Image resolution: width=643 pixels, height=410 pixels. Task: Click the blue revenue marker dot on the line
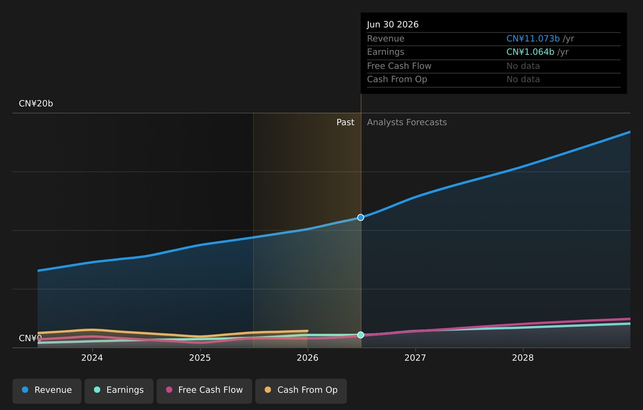point(361,218)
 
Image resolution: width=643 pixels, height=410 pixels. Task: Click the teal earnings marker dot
point(361,335)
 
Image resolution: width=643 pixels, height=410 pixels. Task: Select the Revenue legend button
point(47,391)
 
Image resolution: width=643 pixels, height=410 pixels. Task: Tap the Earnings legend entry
point(119,391)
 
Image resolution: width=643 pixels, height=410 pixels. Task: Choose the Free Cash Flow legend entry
point(205,391)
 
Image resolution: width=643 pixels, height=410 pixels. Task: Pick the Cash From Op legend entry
point(301,391)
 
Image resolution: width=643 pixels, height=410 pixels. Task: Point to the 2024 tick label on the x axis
point(92,358)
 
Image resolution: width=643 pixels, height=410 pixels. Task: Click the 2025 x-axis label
point(200,358)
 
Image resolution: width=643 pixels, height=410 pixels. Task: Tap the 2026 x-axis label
point(307,358)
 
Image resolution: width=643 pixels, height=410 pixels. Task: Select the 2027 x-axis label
point(415,358)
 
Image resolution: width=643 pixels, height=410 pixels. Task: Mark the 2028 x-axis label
point(523,358)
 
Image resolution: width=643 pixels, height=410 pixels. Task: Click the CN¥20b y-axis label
point(36,104)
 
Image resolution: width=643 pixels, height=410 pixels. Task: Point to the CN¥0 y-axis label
point(30,338)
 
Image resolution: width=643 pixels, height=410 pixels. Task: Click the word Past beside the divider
point(345,122)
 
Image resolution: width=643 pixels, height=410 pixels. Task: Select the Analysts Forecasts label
point(407,122)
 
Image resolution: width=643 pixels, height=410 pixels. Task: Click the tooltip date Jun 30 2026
point(392,25)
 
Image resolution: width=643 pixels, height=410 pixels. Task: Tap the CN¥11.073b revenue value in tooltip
point(533,38)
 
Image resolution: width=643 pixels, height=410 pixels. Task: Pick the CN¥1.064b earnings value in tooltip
point(530,52)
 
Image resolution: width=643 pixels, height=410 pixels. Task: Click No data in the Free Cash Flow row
point(523,66)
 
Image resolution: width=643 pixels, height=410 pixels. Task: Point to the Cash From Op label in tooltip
point(397,79)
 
